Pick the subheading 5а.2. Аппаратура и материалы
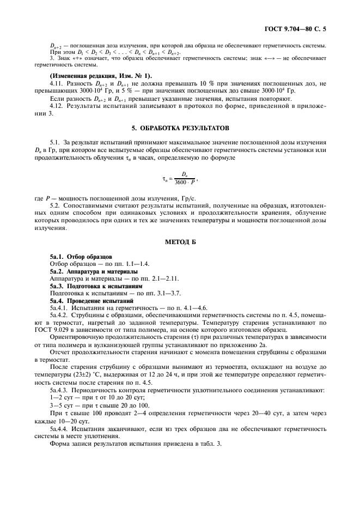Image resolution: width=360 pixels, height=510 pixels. (x=93, y=271)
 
